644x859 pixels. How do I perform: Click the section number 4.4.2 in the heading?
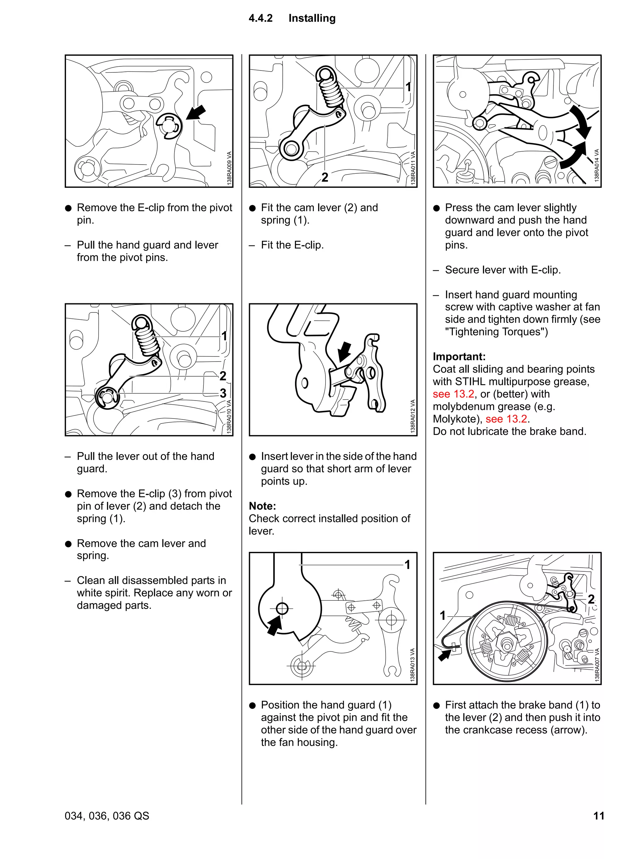click(x=260, y=18)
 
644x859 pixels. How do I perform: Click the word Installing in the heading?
click(x=312, y=18)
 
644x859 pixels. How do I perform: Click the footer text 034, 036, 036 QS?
click(x=107, y=816)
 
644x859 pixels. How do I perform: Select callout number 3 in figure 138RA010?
click(x=223, y=393)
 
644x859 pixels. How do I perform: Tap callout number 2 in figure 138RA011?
click(x=325, y=177)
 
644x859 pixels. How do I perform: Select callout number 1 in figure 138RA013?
click(x=407, y=564)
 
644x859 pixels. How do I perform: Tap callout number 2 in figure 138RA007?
click(x=591, y=599)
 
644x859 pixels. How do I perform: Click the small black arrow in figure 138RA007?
click(x=444, y=654)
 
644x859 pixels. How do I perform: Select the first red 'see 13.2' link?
click(x=453, y=394)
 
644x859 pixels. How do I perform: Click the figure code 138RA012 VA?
click(x=412, y=416)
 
